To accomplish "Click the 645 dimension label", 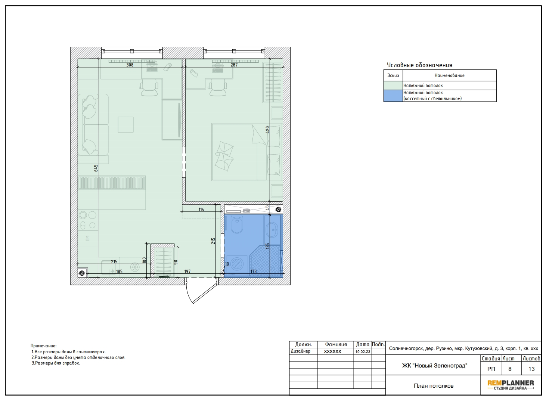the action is click(96, 168).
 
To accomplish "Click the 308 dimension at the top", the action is click(130, 65).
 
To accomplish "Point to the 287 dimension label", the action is click(234, 65).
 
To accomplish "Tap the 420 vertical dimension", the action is click(268, 130).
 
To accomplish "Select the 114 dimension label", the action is click(201, 210).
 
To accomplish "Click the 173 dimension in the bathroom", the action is click(254, 271).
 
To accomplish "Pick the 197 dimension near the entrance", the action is click(187, 271).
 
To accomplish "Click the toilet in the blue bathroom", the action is click(236, 224).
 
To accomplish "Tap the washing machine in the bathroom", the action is click(236, 264).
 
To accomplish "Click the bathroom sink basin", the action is click(272, 229).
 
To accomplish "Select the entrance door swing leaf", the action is click(205, 293).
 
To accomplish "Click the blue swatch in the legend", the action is click(393, 96).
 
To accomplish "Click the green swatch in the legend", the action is click(393, 86).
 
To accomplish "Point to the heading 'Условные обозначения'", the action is click(419, 65).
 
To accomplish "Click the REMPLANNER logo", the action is click(511, 385).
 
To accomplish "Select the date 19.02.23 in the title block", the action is click(363, 351).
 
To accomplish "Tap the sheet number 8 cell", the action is click(510, 369).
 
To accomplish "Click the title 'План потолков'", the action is click(434, 386).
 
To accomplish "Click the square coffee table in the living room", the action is click(126, 125).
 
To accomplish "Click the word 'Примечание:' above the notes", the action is click(43, 346).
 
